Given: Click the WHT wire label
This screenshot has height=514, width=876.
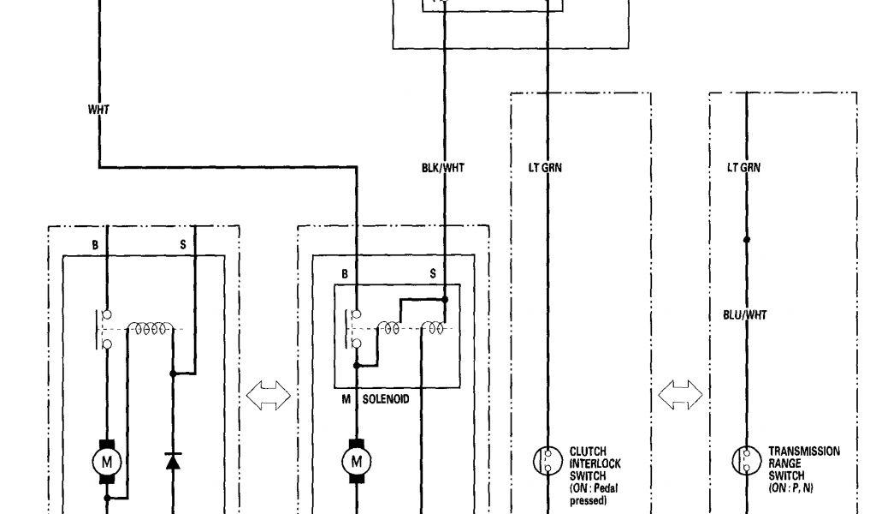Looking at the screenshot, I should tap(98, 110).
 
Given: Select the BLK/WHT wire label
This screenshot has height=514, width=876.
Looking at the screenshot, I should tap(443, 169).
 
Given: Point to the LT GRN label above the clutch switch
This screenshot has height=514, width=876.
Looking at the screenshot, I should tap(545, 169).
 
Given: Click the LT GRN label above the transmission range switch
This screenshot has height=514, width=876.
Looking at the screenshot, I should tap(743, 169).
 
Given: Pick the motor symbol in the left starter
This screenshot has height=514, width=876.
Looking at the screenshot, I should tap(108, 462).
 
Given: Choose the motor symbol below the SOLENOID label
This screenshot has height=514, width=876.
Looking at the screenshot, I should tap(353, 462).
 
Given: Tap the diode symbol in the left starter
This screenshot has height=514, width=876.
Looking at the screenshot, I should tap(173, 462).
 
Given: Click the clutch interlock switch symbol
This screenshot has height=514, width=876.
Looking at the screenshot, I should tap(545, 462).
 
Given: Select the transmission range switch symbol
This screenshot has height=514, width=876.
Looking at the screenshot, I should tap(746, 462).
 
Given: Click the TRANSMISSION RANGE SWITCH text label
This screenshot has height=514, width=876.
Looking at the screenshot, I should tap(803, 463).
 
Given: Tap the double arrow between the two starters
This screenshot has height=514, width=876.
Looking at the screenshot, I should tap(268, 396).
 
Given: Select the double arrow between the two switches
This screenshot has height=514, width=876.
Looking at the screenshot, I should tap(680, 396).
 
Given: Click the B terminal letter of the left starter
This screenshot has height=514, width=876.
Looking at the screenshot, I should tap(96, 245).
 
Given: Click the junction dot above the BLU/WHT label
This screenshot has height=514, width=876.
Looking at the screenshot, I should tap(746, 240).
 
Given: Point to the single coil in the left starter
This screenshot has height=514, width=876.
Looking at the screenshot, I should tap(151, 326).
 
